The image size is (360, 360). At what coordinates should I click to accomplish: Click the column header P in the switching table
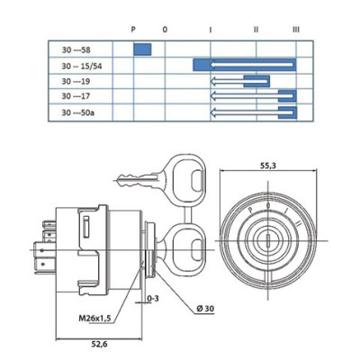tap(133, 30)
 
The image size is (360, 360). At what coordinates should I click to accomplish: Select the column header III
tap(296, 30)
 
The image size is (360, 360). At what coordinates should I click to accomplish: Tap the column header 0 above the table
tap(165, 30)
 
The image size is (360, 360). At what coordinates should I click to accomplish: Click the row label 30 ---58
tap(76, 49)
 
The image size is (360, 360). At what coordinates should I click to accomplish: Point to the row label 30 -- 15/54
tap(82, 66)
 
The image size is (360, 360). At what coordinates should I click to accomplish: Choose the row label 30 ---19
tap(76, 81)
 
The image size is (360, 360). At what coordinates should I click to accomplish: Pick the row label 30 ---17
tap(76, 96)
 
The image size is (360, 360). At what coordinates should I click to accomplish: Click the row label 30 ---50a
tap(77, 112)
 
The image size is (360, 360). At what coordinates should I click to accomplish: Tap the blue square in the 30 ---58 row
tap(142, 49)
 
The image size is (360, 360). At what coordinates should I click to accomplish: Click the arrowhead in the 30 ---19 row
tap(213, 81)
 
